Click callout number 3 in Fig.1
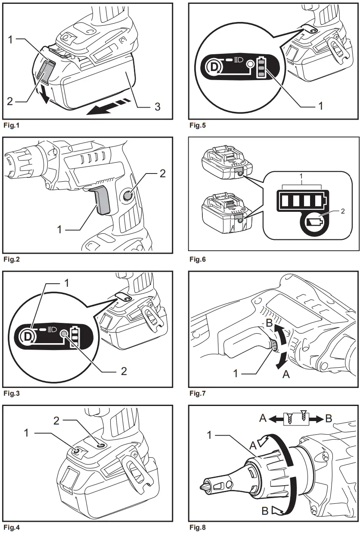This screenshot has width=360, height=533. pos(157,106)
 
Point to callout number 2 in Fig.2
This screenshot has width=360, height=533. pos(162,174)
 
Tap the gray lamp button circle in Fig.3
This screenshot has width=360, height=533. pos(64,333)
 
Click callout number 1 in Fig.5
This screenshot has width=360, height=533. pos(320,105)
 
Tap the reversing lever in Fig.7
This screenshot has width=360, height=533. pos(273,345)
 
